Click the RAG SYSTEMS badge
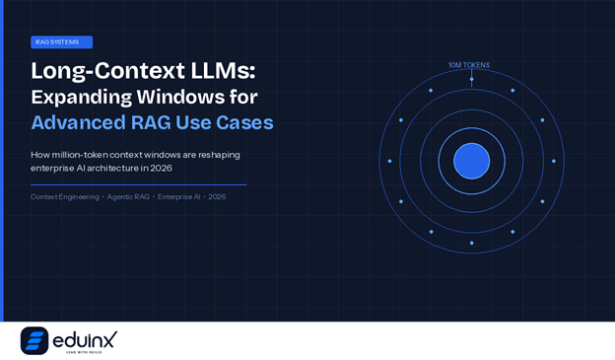61,42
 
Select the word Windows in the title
208,97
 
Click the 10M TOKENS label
469,65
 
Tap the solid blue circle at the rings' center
471,161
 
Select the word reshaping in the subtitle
218,155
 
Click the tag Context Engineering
65,197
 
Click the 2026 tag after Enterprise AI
217,197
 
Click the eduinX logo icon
34,340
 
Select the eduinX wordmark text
85,338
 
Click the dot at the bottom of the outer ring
471,243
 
